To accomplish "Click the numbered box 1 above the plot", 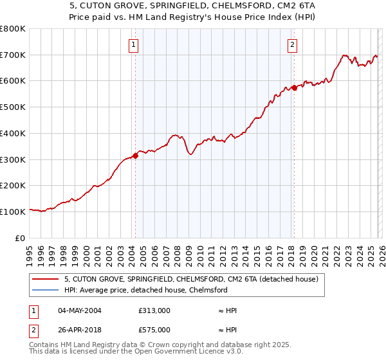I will [x=133, y=44].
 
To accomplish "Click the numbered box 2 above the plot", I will [x=292, y=44].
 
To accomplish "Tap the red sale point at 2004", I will [x=135, y=156].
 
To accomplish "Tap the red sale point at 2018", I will [x=294, y=87].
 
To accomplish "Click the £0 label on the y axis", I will [x=21, y=238].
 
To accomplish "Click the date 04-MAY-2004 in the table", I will [x=80, y=310].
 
